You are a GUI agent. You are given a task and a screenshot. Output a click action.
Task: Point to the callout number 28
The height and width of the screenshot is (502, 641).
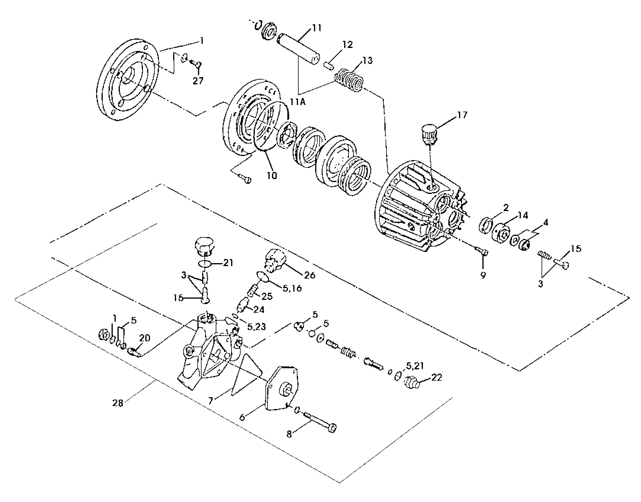pyautogui.click(x=117, y=403)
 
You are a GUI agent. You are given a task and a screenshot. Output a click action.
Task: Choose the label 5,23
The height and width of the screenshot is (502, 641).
pyautogui.click(x=257, y=326)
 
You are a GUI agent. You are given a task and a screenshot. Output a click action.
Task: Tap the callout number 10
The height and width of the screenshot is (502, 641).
pyautogui.click(x=272, y=176)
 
